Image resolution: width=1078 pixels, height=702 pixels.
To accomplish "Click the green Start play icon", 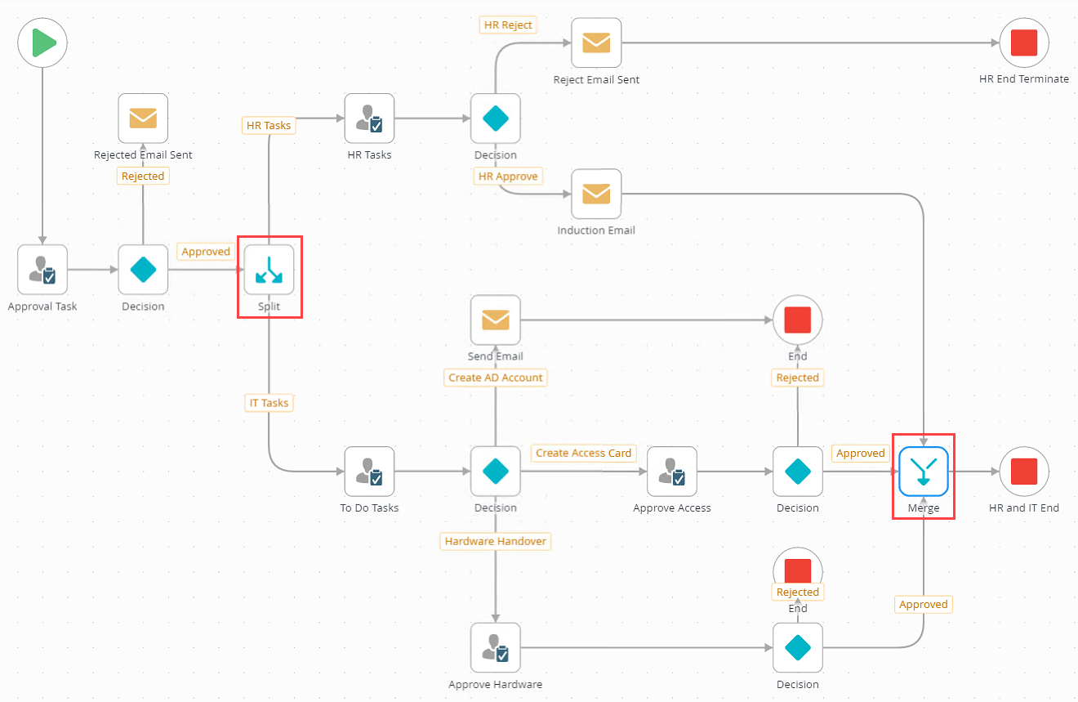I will pos(42,42).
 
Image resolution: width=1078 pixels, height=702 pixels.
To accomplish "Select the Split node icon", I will pos(269,270).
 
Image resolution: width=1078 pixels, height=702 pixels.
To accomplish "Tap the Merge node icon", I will pos(923,472).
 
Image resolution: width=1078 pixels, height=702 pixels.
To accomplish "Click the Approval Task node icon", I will pos(42,270).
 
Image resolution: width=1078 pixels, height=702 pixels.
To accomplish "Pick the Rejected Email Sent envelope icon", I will pos(143,118).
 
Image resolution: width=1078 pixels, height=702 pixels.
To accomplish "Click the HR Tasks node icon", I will pos(369,118).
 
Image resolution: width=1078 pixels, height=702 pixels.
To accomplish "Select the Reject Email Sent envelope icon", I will pos(596,42).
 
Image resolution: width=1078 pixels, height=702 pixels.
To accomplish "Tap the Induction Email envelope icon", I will pos(596,194).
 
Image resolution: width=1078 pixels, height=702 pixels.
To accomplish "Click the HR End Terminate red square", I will pos(1024,42).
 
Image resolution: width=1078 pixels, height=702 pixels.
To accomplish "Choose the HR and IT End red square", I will pos(1024,472).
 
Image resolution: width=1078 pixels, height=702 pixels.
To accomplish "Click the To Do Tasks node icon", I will pos(369,472).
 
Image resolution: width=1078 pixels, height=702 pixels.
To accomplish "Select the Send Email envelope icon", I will pos(496,320).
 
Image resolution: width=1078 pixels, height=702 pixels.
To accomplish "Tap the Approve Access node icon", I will pos(672,472).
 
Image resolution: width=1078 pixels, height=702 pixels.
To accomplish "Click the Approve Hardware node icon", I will pos(496,648).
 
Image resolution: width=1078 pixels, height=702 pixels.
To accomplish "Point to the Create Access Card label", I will pos(583,453).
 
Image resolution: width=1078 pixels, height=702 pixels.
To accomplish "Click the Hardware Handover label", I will pos(496,541).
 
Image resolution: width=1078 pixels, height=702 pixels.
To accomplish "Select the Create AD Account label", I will pos(496,378).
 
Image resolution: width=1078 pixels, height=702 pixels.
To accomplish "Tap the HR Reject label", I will pos(508,25).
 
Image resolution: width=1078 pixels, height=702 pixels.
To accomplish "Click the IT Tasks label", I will pos(269,403).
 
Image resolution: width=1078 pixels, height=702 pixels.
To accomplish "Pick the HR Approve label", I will pos(508,176).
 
